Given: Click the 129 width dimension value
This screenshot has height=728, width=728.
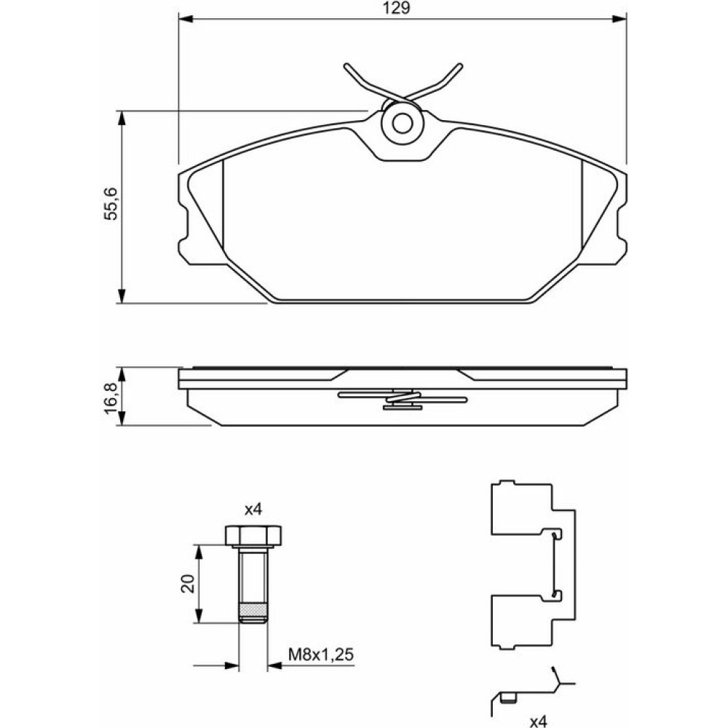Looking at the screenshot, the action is (x=396, y=8).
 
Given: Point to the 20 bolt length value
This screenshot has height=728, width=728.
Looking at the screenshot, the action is (x=188, y=584).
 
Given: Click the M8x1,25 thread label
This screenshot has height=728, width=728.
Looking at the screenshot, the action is (x=321, y=654).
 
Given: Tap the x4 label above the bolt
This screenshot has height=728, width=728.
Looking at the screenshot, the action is (x=253, y=510).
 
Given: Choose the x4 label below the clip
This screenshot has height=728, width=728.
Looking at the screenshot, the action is (x=539, y=721).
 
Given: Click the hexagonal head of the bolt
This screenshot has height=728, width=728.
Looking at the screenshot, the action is (x=253, y=535).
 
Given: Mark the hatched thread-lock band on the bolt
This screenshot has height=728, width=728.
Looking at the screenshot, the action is (x=253, y=609).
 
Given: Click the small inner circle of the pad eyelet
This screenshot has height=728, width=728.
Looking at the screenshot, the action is (x=402, y=123).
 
